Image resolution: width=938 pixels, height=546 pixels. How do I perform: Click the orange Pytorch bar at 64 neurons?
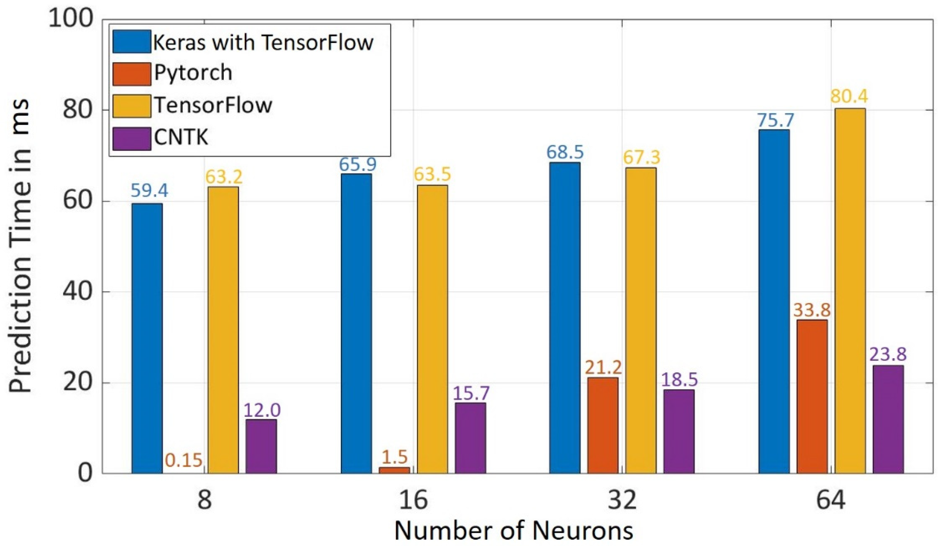[x=812, y=397]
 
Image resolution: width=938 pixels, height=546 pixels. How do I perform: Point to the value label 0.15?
[x=184, y=460]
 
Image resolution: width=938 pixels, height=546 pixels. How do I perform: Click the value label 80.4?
[x=849, y=97]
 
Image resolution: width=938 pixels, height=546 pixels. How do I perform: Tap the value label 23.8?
[x=888, y=355]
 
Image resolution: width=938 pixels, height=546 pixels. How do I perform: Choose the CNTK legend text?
[x=181, y=138]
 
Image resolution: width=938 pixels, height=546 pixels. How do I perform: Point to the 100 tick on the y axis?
[x=71, y=19]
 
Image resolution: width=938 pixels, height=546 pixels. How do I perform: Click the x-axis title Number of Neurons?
[x=514, y=531]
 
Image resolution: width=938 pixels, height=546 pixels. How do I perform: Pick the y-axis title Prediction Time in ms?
[x=21, y=246]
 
